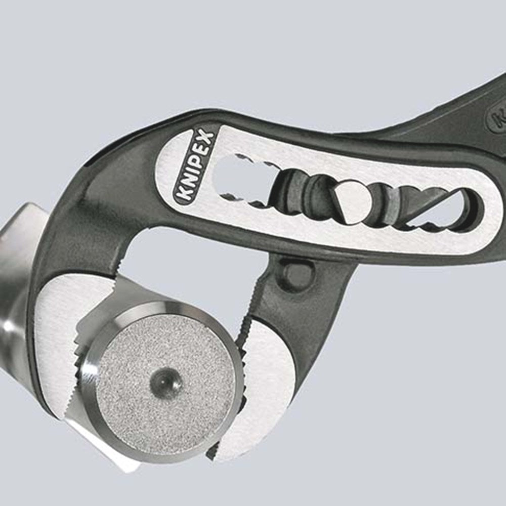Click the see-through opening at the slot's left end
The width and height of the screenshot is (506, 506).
[230, 175]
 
